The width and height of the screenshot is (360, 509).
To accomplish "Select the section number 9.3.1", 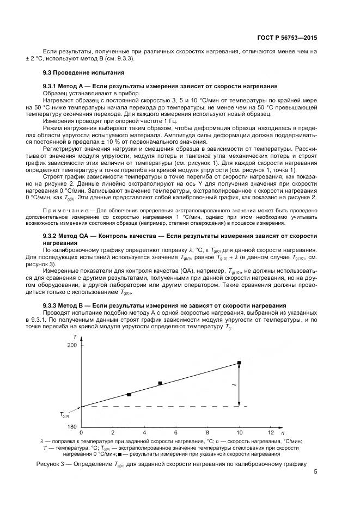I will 53,87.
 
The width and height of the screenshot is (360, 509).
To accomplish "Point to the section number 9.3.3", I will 53,304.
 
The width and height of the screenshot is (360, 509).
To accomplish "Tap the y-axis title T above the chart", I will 82,339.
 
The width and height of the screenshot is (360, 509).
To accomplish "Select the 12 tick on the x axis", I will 271,433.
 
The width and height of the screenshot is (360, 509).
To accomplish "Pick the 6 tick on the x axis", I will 176,433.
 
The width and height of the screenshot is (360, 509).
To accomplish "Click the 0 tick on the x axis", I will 82,433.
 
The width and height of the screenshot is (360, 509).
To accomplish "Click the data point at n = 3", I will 129,394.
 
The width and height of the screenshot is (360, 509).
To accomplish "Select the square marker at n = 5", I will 160,383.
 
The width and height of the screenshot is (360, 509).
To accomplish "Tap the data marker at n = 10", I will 239,363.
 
